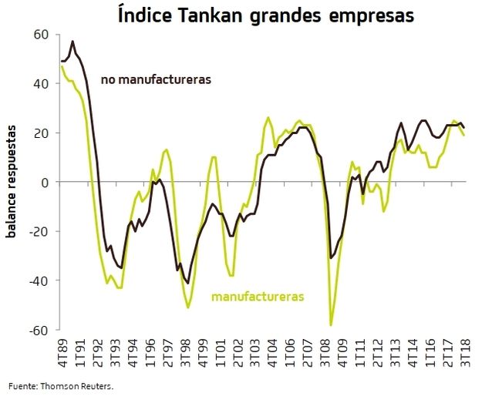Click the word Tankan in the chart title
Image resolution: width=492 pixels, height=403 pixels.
[215, 15]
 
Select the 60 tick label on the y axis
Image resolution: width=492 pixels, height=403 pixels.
[41, 35]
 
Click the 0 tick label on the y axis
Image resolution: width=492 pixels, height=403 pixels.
[45, 183]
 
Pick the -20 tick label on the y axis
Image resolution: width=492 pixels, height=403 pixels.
[39, 232]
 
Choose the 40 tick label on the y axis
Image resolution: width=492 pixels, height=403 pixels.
[41, 84]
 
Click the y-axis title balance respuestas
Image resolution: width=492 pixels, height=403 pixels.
[12, 183]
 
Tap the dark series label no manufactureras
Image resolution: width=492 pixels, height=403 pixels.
[156, 79]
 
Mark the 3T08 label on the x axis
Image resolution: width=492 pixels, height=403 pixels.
[326, 354]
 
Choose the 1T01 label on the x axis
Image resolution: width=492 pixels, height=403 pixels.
[221, 354]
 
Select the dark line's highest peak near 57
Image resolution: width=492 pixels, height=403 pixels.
[72, 42]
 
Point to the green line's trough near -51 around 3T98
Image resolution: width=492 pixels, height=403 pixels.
[188, 307]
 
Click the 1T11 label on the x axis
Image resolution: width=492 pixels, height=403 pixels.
[361, 354]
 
